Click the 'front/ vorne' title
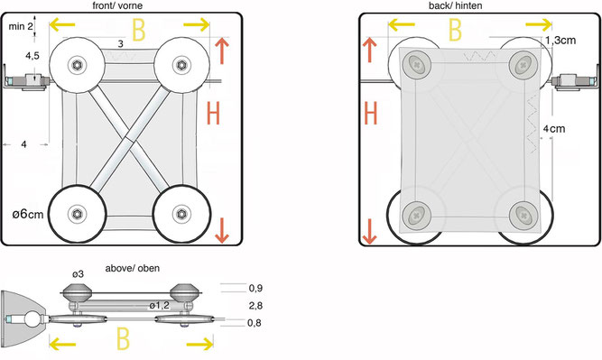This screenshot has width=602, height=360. pyautogui.click(x=117, y=5)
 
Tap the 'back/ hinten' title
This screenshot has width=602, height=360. pyautogui.click(x=456, y=5)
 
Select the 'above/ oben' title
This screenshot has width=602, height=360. pyautogui.click(x=133, y=268)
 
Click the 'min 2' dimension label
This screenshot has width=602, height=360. pyautogui.click(x=21, y=26)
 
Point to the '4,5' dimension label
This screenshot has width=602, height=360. pyautogui.click(x=32, y=56)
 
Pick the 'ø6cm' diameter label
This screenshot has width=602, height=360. pyautogui.click(x=28, y=214)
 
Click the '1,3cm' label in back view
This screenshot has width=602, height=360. pyautogui.click(x=560, y=41)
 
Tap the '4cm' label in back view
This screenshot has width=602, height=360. pyautogui.click(x=554, y=129)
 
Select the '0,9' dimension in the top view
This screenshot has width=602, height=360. pyautogui.click(x=255, y=288)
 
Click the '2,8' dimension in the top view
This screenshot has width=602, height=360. pyautogui.click(x=255, y=306)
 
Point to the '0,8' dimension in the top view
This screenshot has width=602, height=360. pyautogui.click(x=255, y=323)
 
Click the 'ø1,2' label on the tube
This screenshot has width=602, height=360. pyautogui.click(x=160, y=306)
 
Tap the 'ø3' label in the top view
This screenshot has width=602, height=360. pyautogui.click(x=78, y=274)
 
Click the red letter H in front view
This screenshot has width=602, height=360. pyautogui.click(x=213, y=113)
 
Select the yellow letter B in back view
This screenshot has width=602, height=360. pyautogui.click(x=455, y=30)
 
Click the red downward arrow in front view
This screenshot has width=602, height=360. pyautogui.click(x=222, y=230)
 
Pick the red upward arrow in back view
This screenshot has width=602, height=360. pyautogui.click(x=370, y=50)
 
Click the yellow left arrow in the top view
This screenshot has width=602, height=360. pyautogui.click(x=62, y=344)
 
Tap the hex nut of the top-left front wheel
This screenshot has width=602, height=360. pyautogui.click(x=77, y=65)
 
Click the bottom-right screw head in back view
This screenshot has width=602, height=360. pyautogui.click(x=523, y=215)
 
